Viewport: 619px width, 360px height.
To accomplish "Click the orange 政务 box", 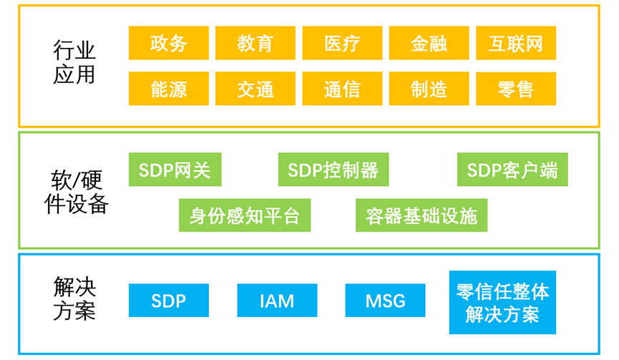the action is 169,43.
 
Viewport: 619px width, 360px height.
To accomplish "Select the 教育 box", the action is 255,43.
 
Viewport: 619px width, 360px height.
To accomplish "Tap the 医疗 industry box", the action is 342,43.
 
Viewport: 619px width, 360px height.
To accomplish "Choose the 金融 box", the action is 429,43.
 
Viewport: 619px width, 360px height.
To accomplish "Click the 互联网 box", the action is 516,43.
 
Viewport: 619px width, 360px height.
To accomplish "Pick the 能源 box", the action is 169,89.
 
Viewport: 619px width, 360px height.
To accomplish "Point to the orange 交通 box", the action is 255,89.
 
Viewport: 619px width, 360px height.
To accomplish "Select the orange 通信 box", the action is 342,89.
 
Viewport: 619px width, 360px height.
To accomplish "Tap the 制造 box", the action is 429,89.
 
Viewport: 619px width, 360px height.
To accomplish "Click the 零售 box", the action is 516,89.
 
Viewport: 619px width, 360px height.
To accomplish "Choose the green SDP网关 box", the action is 175,170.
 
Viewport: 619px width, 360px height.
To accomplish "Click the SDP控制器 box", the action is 333,170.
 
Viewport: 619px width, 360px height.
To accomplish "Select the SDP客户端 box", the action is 512,170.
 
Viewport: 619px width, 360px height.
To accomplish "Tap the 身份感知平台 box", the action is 245,215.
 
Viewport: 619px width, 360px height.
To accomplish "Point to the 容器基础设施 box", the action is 421,215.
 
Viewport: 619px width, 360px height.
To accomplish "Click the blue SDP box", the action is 169,301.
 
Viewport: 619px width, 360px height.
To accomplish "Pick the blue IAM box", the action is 277,301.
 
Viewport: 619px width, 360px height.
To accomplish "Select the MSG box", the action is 385,301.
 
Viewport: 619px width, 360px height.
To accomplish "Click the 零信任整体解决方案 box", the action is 502,302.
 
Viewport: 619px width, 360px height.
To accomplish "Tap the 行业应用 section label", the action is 74,62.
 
